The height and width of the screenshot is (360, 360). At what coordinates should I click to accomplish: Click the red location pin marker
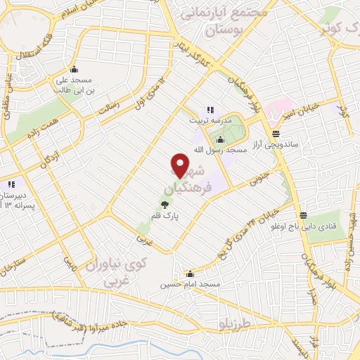point(181,165)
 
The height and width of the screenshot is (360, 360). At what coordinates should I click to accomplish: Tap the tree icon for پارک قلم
point(164,205)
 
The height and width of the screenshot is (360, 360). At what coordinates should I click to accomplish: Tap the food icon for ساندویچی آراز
point(274,133)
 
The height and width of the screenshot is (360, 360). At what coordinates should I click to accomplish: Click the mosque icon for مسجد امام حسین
point(190,274)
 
